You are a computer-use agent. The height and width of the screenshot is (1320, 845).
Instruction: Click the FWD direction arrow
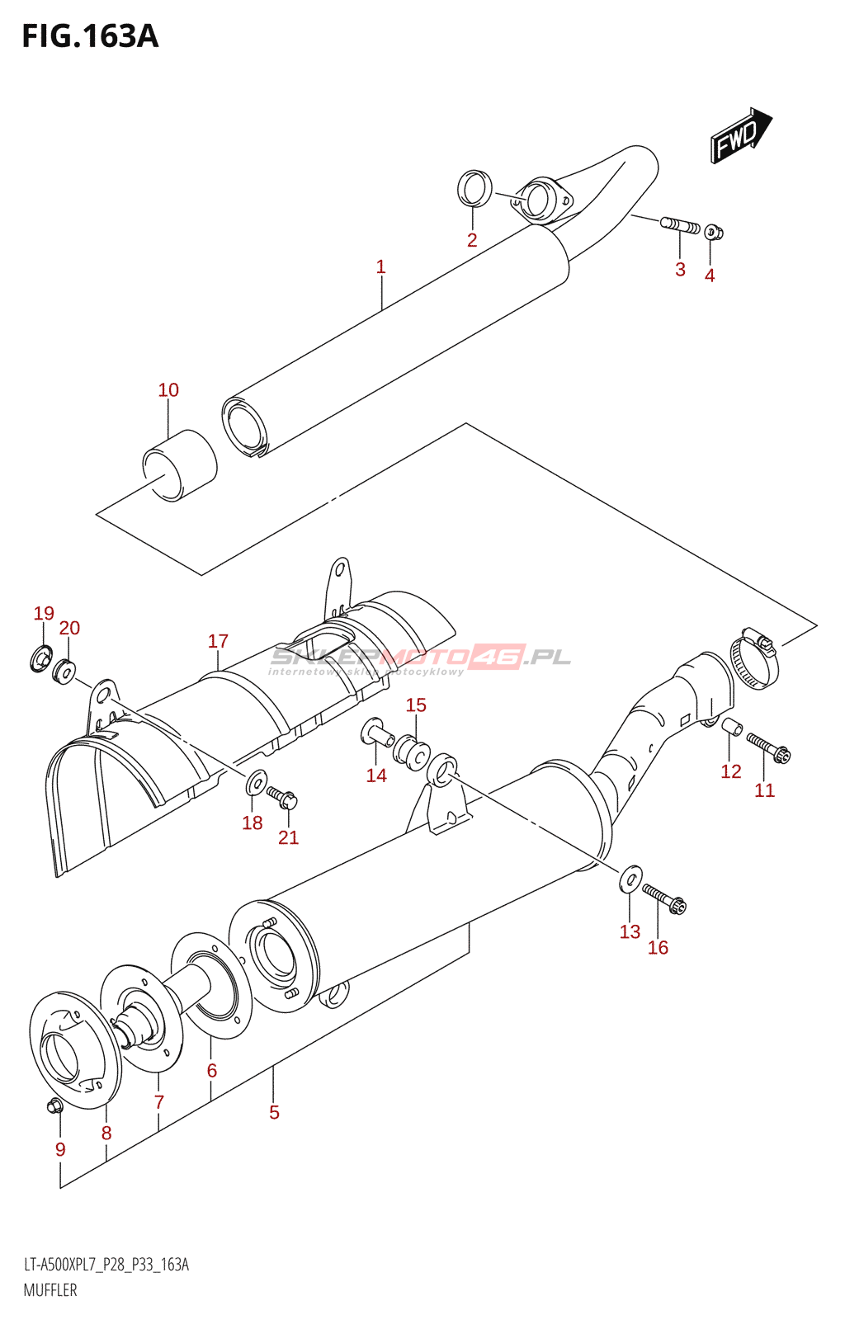pyautogui.click(x=739, y=135)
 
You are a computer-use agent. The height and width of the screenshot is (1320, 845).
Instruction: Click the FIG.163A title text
pyautogui.click(x=90, y=36)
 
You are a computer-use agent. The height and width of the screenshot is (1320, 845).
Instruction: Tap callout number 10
pyautogui.click(x=168, y=390)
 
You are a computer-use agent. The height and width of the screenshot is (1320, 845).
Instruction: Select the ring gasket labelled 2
pyautogui.click(x=474, y=189)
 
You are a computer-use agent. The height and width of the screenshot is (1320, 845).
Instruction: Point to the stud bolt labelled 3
pyautogui.click(x=680, y=224)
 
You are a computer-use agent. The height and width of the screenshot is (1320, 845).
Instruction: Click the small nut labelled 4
pyautogui.click(x=715, y=232)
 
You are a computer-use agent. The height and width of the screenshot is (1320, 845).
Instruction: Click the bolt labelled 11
pyautogui.click(x=768, y=747)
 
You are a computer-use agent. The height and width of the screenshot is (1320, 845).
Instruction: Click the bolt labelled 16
pyautogui.click(x=664, y=898)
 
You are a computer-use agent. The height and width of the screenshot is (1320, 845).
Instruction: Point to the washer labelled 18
pyautogui.click(x=257, y=780)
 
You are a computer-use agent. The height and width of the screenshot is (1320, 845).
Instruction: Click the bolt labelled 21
pyautogui.click(x=282, y=797)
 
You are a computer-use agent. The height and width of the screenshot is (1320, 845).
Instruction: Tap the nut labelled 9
pyautogui.click(x=55, y=1105)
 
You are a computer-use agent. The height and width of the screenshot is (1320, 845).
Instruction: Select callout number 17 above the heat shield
pyautogui.click(x=218, y=641)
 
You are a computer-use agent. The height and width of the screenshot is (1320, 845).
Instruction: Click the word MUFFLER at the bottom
pyautogui.click(x=50, y=1290)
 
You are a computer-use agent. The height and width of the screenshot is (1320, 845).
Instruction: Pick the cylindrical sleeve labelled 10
pyautogui.click(x=180, y=464)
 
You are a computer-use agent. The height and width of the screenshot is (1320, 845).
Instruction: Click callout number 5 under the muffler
pyautogui.click(x=274, y=1112)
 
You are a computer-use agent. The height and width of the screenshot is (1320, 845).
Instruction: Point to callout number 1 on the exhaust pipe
pyautogui.click(x=380, y=267)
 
